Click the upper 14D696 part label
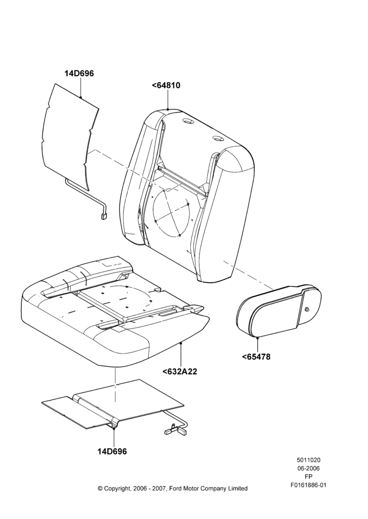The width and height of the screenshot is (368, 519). [79, 74]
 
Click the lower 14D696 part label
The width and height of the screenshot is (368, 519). [112, 451]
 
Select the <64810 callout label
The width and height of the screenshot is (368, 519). [166, 86]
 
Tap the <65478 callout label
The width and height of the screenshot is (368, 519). [256, 357]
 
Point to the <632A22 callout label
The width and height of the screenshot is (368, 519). [180, 372]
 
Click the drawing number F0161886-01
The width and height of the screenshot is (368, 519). [309, 485]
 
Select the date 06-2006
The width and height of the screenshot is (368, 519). [308, 468]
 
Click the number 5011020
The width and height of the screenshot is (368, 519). [308, 460]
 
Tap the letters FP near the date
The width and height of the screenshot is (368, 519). [309, 477]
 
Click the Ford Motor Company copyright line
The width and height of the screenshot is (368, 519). [173, 488]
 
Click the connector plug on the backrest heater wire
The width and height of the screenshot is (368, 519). [103, 217]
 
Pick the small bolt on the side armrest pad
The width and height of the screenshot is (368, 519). [306, 309]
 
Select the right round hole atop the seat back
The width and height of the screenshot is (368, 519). [218, 139]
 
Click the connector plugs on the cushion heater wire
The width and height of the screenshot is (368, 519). [175, 431]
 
